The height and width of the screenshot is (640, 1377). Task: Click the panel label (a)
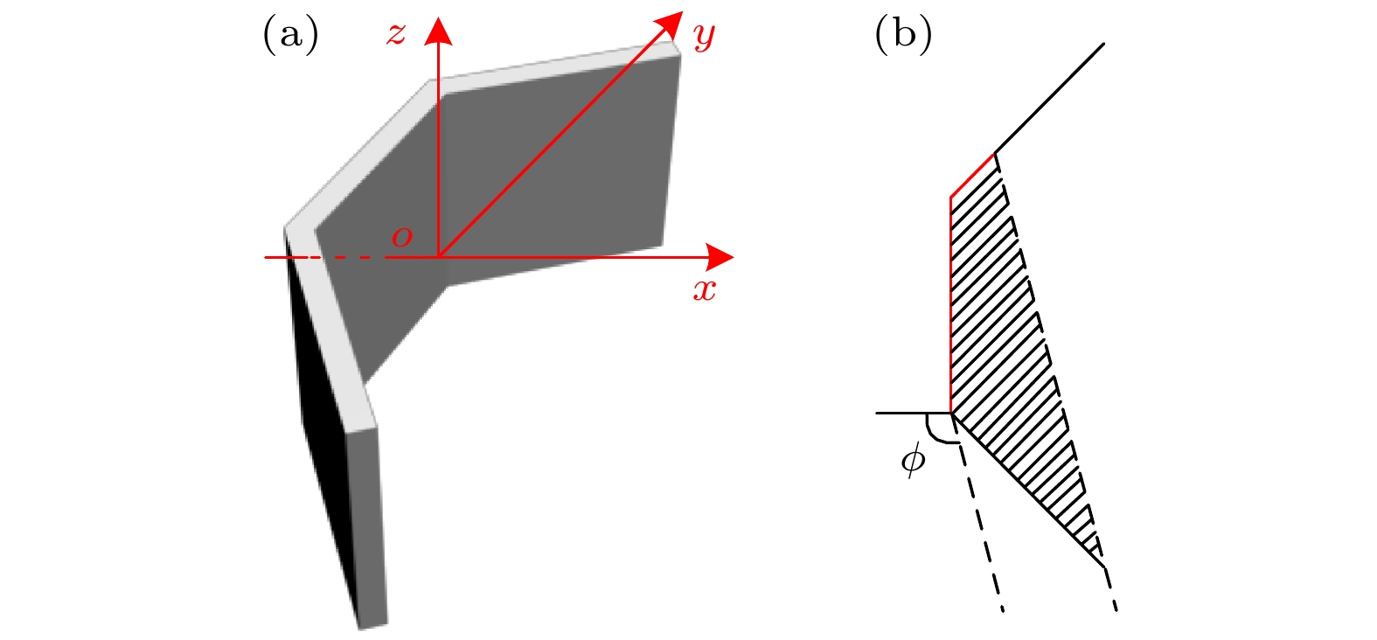(x=291, y=34)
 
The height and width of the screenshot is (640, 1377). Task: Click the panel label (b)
(x=903, y=34)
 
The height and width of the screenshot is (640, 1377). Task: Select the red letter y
(x=705, y=37)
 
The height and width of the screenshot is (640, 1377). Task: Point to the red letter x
(x=705, y=289)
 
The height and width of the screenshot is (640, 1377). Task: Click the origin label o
(x=402, y=236)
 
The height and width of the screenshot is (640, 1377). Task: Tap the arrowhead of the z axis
(x=438, y=31)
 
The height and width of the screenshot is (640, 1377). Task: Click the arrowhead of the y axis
(x=669, y=24)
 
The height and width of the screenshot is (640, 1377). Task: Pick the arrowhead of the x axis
(x=720, y=257)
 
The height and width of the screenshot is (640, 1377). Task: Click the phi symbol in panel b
(x=913, y=459)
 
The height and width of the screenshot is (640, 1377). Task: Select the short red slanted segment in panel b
(x=972, y=175)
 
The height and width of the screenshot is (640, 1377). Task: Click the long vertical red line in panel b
(x=951, y=305)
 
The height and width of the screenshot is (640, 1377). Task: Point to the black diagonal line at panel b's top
(x=1049, y=99)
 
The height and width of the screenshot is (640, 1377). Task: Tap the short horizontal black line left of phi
(x=914, y=414)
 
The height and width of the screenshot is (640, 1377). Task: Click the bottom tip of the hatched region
(x=1105, y=567)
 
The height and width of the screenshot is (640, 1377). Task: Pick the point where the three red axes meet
(x=438, y=257)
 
